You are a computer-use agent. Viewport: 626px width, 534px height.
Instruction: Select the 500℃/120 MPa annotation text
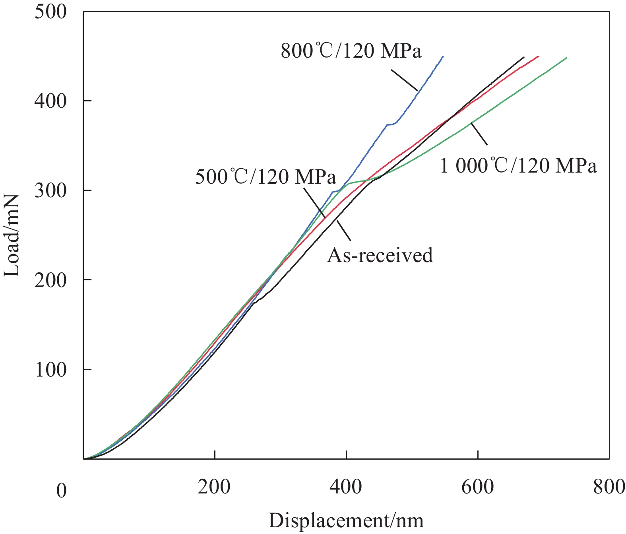[266, 177]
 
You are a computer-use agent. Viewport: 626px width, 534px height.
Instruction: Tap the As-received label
[380, 255]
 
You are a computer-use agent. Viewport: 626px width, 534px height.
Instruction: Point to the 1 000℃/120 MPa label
[518, 166]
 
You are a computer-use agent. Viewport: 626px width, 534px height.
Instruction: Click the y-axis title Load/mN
[12, 235]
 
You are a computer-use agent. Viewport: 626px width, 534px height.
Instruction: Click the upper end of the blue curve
[442, 57]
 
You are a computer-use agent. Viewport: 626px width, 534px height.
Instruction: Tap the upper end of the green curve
[566, 58]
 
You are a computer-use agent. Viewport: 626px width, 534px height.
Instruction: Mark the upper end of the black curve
[523, 58]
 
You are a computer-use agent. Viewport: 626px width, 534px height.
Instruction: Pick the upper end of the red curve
[538, 56]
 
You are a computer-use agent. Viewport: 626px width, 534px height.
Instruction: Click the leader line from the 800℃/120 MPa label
[404, 80]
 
